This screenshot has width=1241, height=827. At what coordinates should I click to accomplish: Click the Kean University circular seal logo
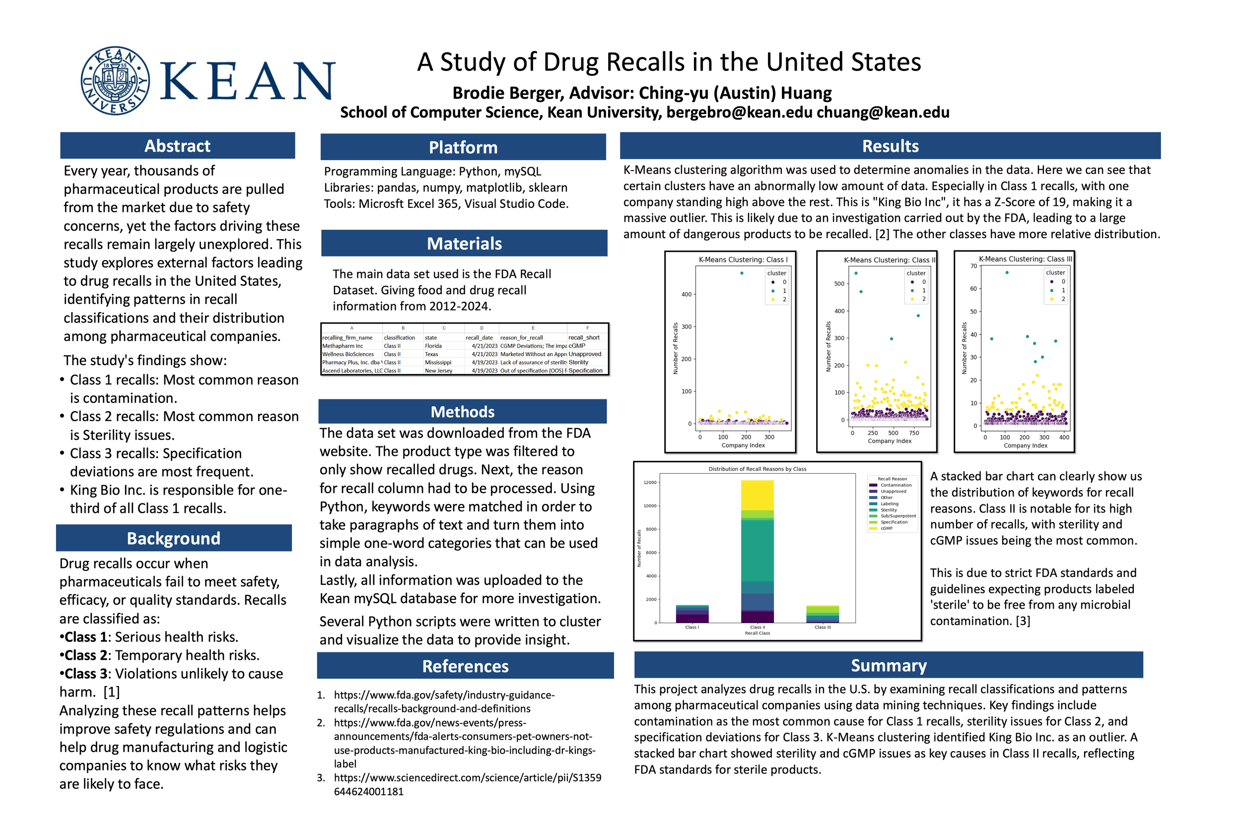coord(115,81)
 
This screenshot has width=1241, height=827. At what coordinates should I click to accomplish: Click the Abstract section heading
coord(177,145)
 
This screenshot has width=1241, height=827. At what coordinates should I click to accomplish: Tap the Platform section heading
coord(463,147)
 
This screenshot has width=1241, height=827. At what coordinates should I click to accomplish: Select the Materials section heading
coord(464,244)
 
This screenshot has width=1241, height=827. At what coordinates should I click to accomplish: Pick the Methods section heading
coord(462,411)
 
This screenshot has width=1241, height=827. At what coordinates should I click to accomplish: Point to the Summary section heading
coord(888,665)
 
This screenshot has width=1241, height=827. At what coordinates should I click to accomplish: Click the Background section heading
coord(174,538)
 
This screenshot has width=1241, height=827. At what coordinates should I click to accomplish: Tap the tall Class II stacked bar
coord(757,551)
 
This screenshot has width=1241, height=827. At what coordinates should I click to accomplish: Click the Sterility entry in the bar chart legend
coord(889,510)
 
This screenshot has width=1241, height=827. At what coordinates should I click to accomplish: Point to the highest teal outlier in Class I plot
coord(742,273)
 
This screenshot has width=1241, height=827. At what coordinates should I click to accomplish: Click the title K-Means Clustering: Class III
coord(1025,259)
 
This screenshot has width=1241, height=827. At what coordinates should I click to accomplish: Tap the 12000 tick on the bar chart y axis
coord(650,483)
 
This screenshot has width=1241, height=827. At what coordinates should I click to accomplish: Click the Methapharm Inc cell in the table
coord(343,346)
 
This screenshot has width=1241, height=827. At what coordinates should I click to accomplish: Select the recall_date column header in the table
coord(479,337)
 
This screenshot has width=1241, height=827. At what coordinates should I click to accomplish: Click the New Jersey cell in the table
coord(438,371)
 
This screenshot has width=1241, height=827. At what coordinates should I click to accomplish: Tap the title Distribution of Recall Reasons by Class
coord(757,469)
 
